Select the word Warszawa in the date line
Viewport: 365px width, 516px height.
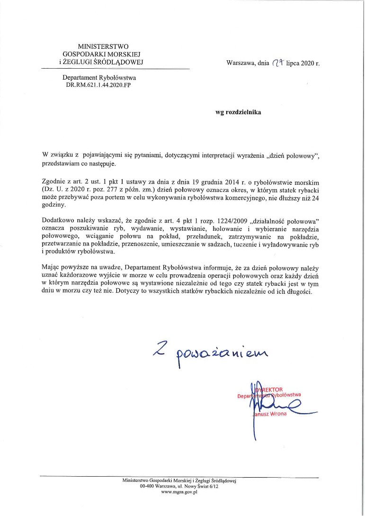point(240,63)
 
